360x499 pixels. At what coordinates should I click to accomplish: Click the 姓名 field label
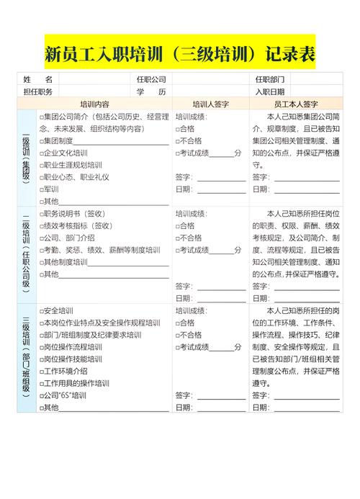pos(37,79)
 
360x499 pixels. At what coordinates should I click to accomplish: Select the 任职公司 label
pos(151,79)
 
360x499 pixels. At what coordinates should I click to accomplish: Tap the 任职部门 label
pos(270,79)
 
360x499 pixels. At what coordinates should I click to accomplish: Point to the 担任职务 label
pos(37,91)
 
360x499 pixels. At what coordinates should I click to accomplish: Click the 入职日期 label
pos(270,91)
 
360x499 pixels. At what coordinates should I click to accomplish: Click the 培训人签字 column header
pos(210,104)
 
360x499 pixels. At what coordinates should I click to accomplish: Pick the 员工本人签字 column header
pos(296,104)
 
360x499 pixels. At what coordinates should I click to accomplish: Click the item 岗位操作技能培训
pos(72,359)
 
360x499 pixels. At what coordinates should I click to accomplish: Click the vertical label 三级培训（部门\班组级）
pos(26,358)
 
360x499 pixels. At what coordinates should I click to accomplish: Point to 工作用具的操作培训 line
pos(76,383)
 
